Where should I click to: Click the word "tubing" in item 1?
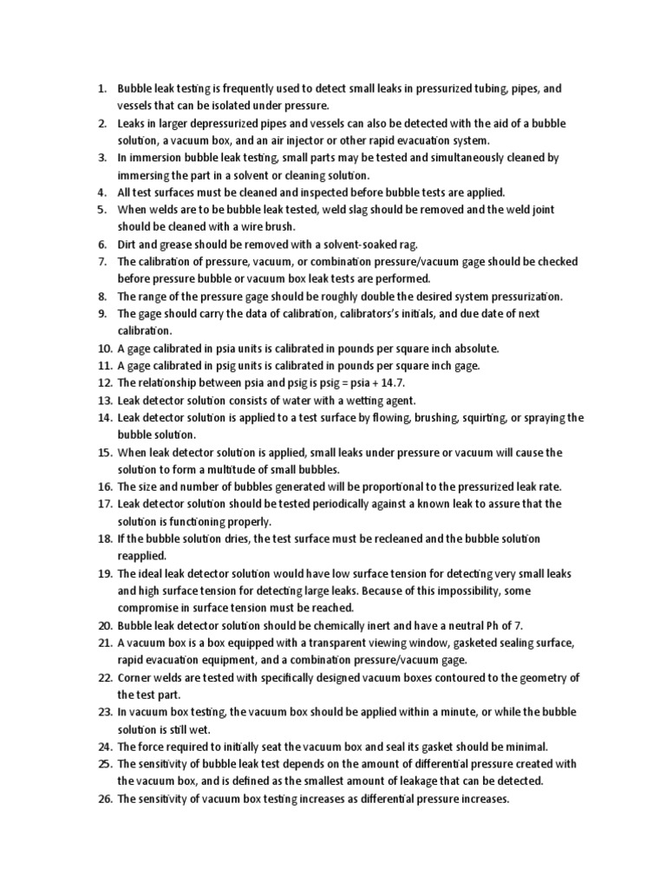click(x=474, y=88)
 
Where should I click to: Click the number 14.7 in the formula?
click(x=389, y=382)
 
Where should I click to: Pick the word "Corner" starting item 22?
click(x=135, y=677)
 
